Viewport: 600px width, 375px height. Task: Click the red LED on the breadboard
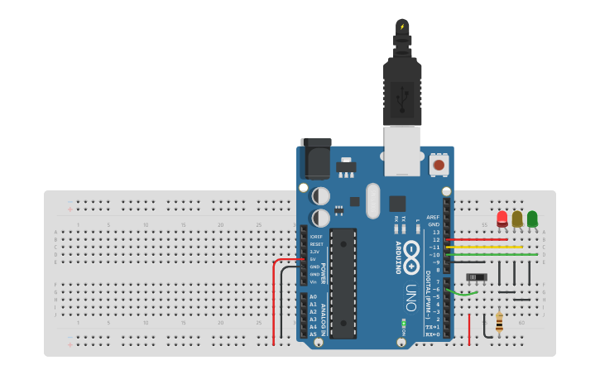pos(502,219)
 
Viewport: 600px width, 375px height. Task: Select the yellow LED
pos(517,219)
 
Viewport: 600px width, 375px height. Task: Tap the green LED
pos(532,219)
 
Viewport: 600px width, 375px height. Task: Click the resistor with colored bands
pos(499,322)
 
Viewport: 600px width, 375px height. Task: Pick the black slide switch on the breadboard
pos(476,276)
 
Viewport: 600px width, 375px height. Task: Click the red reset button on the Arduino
pos(439,165)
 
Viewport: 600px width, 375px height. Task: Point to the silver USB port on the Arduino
pos(402,150)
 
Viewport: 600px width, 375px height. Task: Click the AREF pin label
pos(433,217)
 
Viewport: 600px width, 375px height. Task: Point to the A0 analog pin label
pos(313,296)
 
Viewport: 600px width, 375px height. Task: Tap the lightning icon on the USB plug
pos(402,27)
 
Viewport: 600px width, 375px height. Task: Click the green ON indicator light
pos(403,323)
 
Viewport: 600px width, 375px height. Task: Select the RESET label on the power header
pos(316,244)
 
